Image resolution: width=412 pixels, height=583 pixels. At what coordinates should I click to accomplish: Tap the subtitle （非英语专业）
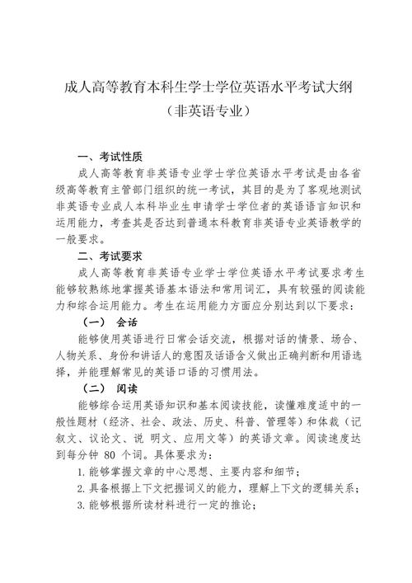point(206,109)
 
